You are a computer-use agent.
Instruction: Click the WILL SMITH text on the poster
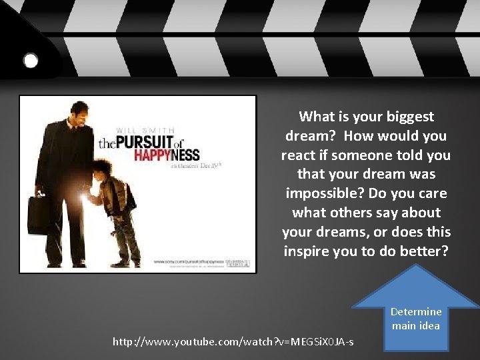pos(146,129)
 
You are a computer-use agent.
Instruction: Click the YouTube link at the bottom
pos(233,342)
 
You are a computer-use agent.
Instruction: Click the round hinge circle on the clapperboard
pos(31,61)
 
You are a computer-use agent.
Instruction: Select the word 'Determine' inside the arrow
pos(416,312)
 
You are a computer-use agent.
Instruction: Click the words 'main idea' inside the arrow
pos(416,326)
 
